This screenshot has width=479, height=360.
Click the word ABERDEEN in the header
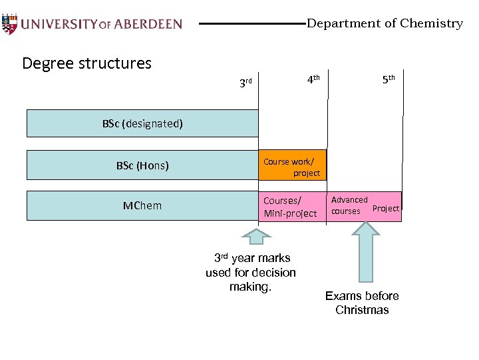pyautogui.click(x=147, y=24)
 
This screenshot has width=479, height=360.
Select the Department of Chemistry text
pyautogui.click(x=384, y=23)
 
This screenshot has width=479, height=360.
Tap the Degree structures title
pyautogui.click(x=86, y=63)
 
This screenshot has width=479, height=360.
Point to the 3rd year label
pyautogui.click(x=245, y=83)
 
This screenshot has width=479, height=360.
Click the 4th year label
pyautogui.click(x=313, y=79)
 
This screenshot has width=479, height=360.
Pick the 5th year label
pyautogui.click(x=389, y=79)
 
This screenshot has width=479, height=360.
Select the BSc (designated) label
pyautogui.click(x=142, y=123)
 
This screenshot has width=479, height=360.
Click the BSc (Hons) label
pyautogui.click(x=142, y=165)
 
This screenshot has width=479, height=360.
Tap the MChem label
pyautogui.click(x=142, y=205)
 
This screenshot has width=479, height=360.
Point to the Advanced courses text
pyautogui.click(x=349, y=205)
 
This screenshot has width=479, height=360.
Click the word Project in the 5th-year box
pyautogui.click(x=386, y=209)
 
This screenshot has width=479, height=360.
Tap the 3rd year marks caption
pyautogui.click(x=251, y=272)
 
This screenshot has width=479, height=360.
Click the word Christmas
pyautogui.click(x=362, y=310)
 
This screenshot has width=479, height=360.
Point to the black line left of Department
pyautogui.click(x=252, y=24)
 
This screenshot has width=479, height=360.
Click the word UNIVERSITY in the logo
pyautogui.click(x=59, y=24)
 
